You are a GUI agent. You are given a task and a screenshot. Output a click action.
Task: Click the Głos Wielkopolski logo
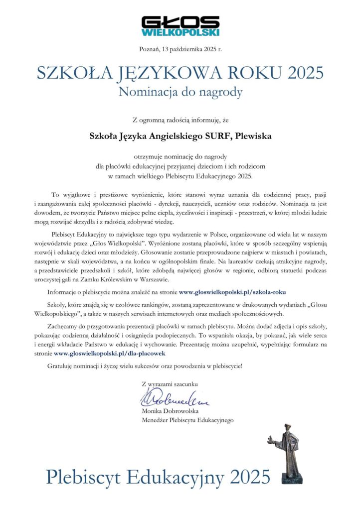(180, 25)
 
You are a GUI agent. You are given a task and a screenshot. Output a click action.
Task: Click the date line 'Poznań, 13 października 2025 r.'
(180, 48)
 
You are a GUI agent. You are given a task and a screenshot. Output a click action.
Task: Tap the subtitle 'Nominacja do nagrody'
(180, 92)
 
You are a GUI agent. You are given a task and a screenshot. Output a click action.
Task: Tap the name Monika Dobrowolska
(170, 411)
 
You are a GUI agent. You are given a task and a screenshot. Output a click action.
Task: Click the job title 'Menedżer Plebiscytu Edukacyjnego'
(187, 420)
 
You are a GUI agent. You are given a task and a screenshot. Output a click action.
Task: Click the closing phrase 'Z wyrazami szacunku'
(170, 384)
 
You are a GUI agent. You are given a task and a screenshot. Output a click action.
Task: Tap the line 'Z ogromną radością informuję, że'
(180, 120)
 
